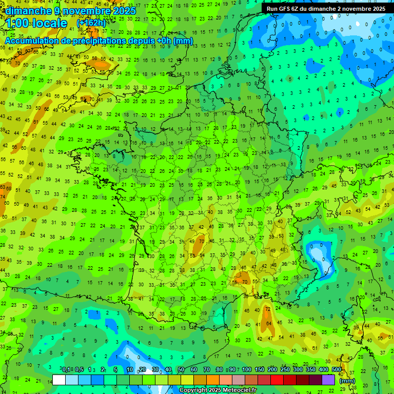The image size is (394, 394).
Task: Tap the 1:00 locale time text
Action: pos(36,23)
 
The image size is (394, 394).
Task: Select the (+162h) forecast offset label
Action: pos(91,23)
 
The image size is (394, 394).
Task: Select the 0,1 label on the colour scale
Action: pos(66,370)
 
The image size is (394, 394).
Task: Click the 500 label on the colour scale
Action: pos(337,370)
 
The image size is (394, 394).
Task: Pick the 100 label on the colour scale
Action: pos(247,370)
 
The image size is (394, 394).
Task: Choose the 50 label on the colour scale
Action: pos(181,370)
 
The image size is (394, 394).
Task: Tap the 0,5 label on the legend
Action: pos(79,370)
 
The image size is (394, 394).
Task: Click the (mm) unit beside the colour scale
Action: pos(347,381)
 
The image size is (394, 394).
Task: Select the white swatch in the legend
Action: pos(59,380)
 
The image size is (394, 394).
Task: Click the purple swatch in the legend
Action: pos(328,380)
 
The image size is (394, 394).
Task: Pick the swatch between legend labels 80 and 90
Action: pos(226,380)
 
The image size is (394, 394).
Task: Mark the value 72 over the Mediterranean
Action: pos(267,310)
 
